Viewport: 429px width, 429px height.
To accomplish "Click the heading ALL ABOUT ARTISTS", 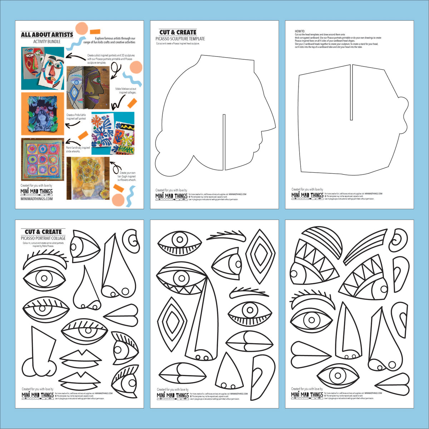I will coord(47,35).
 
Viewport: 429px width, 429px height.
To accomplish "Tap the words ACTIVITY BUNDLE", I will coord(47,41).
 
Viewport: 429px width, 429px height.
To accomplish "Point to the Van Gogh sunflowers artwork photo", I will coord(88,178).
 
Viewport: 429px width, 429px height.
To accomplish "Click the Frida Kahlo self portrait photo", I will coord(43,114).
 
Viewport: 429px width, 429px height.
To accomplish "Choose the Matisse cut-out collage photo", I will coord(113,133).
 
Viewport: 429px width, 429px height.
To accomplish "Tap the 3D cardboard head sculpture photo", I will coord(88,87).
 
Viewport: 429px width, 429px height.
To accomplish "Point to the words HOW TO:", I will coord(300,31).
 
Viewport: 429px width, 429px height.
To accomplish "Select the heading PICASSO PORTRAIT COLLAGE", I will coord(43,238).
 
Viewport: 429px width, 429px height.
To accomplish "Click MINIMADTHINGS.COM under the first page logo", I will coord(36,199).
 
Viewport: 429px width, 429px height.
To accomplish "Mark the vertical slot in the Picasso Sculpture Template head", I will coord(224,142).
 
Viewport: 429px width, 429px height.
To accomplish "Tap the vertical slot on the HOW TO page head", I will coord(351,92).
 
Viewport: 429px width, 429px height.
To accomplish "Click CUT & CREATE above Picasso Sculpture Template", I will coord(178,32).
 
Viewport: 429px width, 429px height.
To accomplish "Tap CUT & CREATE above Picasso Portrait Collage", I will coord(43,232).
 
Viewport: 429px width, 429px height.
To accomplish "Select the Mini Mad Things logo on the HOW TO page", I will coord(307,196).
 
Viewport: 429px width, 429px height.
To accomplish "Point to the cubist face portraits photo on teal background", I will coord(43,68).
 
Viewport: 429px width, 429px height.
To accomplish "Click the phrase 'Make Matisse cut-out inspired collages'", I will coord(125,90).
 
